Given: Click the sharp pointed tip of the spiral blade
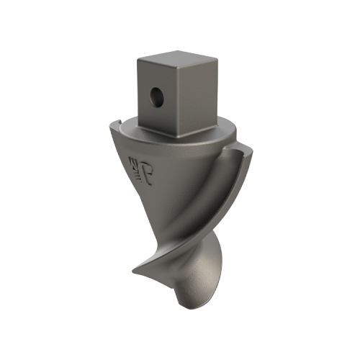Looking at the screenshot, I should pyautogui.click(x=132, y=271).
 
